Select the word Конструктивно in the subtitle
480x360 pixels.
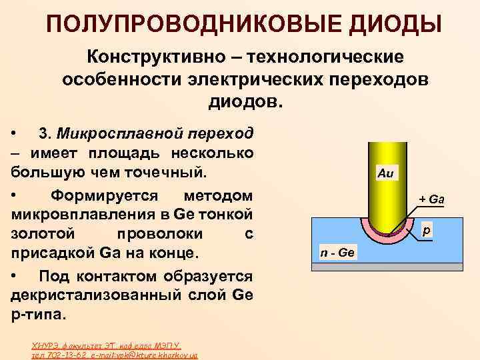(x=151, y=57)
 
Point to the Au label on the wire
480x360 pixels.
(x=385, y=173)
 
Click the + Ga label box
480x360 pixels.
(x=431, y=199)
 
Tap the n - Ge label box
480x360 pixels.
(x=337, y=253)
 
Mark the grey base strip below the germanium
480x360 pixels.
(x=387, y=267)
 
